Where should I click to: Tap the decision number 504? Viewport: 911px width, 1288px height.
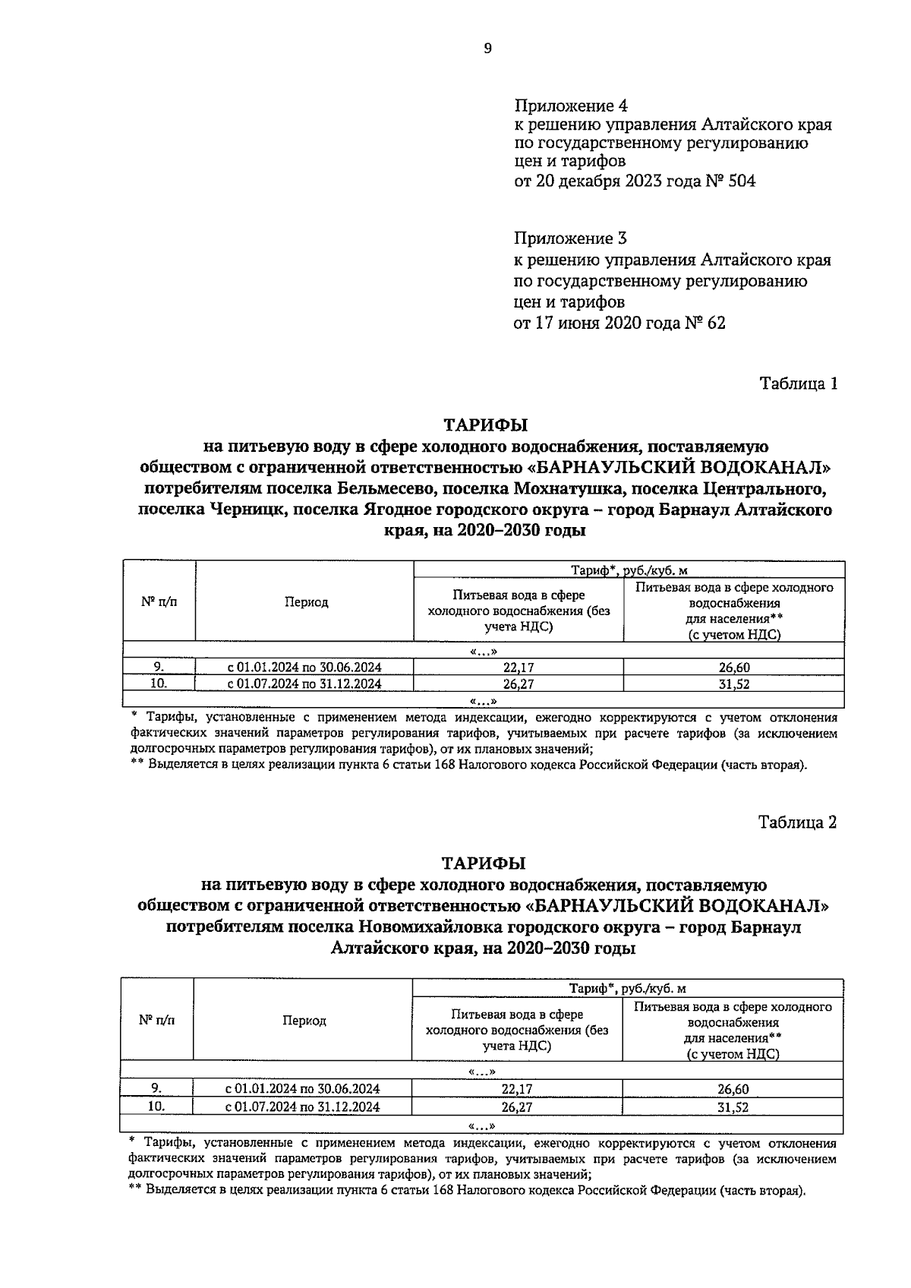click(742, 182)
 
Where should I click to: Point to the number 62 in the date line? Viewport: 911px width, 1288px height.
click(714, 323)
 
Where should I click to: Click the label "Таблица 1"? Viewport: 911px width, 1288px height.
click(799, 384)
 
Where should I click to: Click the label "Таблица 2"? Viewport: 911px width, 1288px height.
click(798, 822)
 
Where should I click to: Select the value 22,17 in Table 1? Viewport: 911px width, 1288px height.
click(519, 668)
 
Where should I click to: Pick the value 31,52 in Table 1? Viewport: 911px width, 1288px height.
click(733, 683)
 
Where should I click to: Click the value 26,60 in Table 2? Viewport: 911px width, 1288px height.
click(733, 1089)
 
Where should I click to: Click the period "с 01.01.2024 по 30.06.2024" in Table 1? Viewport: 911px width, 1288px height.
click(305, 668)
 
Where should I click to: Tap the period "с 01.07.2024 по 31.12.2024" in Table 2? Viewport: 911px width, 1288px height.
click(303, 1106)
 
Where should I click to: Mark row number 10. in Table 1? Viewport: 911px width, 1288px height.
click(158, 683)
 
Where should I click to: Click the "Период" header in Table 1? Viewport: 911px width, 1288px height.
click(306, 602)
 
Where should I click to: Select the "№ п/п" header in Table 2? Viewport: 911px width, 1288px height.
click(156, 1021)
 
